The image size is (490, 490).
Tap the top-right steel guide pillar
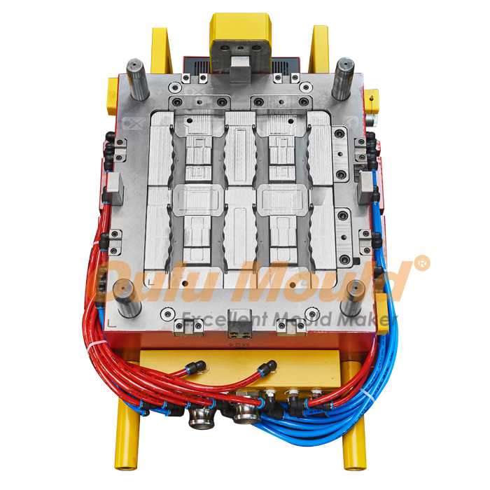pyautogui.click(x=343, y=78)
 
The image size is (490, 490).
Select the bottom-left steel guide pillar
pyautogui.click(x=127, y=297)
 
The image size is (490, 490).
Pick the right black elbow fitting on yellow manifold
pyautogui.click(x=268, y=367)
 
